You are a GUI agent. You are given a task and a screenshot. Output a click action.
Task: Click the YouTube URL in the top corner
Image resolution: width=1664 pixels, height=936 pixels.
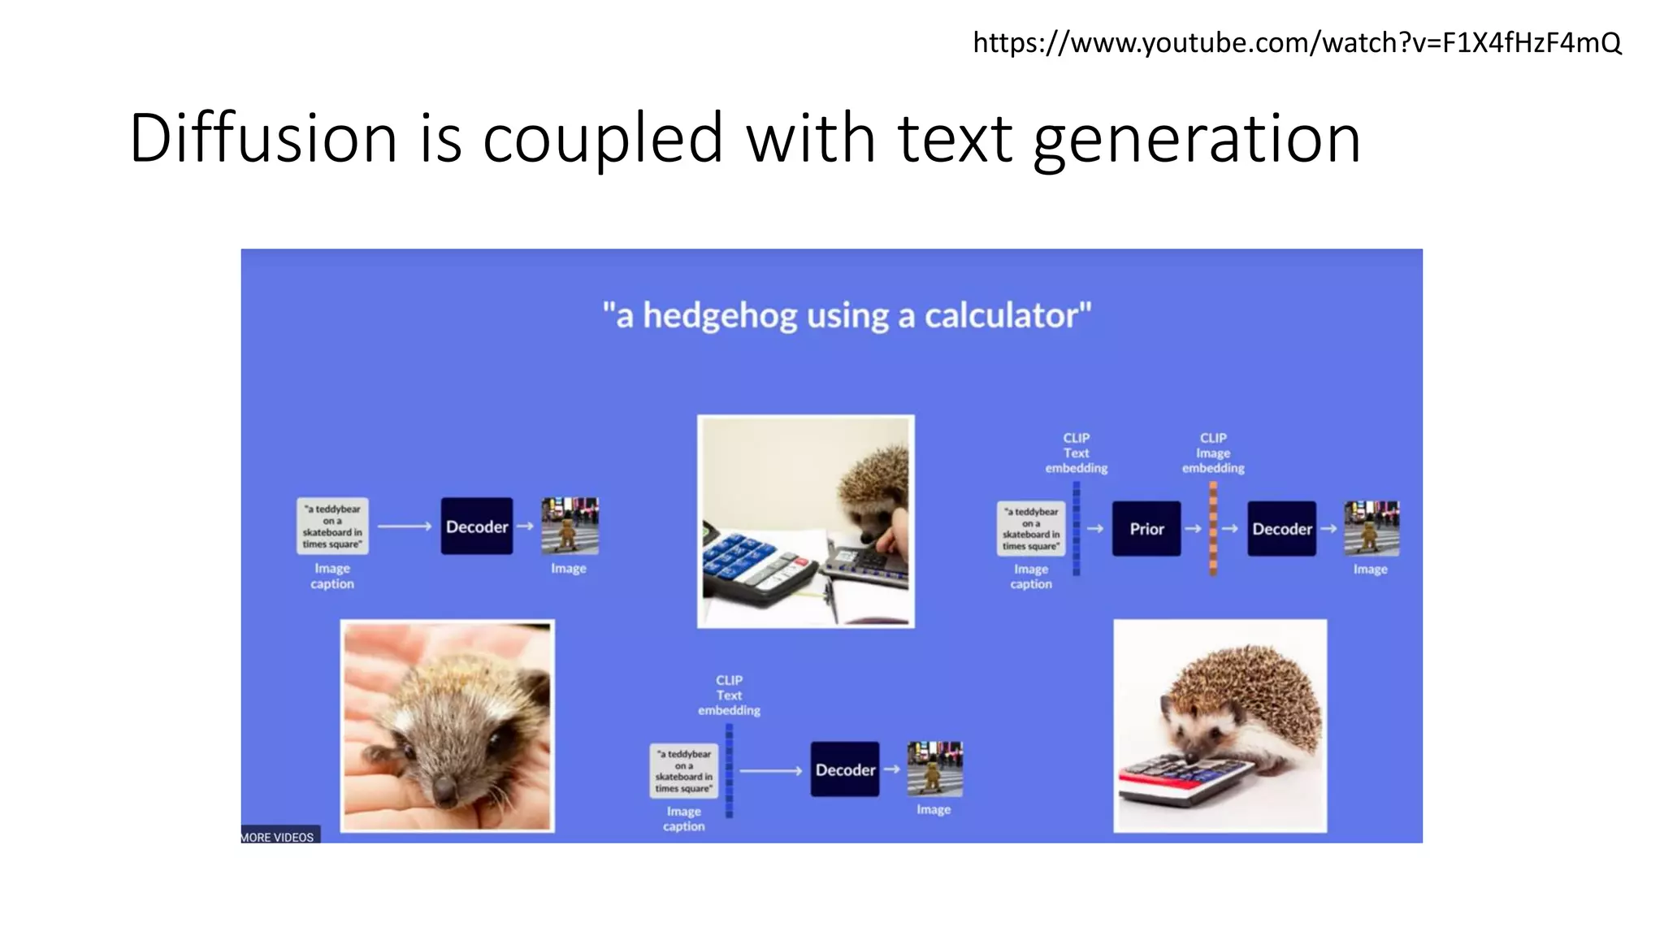pos(1297,42)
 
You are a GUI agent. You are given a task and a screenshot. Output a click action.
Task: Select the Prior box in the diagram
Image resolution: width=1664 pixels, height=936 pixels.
pos(1146,529)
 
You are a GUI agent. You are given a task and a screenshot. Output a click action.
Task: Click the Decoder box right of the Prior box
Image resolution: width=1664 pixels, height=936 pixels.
pos(1281,529)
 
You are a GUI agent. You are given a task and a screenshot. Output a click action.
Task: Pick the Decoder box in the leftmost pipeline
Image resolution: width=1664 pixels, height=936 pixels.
pos(477,526)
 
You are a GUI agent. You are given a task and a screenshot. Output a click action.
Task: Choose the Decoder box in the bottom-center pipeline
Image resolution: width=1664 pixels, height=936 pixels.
pos(845,769)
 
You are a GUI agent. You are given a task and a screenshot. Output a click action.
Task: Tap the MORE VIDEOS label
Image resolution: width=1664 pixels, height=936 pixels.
pos(278,837)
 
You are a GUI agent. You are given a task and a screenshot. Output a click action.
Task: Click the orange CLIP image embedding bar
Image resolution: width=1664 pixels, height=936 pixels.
pos(1213,528)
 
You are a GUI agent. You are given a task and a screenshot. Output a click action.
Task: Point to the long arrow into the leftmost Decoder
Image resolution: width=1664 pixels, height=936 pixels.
pos(404,526)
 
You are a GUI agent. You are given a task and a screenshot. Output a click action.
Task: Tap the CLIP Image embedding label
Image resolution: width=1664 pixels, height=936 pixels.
pos(1213,453)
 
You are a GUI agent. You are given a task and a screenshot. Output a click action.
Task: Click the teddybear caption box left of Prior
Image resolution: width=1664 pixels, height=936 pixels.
pos(1030,529)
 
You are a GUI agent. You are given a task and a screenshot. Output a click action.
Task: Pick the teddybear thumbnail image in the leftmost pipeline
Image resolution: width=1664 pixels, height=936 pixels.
pos(570,526)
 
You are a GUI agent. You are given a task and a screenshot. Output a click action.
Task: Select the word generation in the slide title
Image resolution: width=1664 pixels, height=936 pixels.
pos(1196,138)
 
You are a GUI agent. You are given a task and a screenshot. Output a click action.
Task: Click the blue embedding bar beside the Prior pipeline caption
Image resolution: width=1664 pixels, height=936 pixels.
pos(1077,528)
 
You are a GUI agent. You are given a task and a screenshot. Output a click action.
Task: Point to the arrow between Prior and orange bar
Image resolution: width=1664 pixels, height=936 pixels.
pos(1193,529)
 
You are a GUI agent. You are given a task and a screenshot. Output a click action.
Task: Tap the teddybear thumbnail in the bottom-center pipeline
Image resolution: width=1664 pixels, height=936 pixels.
pos(934,769)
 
